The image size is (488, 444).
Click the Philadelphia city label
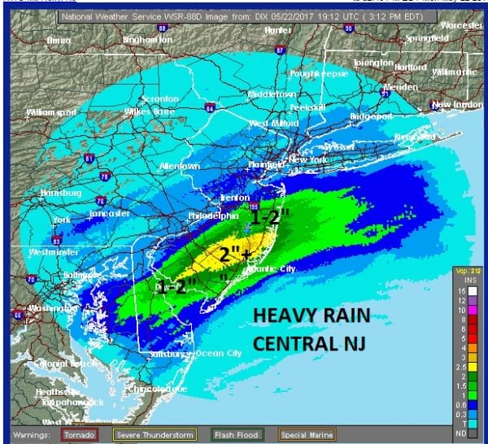[213, 215]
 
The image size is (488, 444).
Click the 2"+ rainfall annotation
[235, 254]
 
